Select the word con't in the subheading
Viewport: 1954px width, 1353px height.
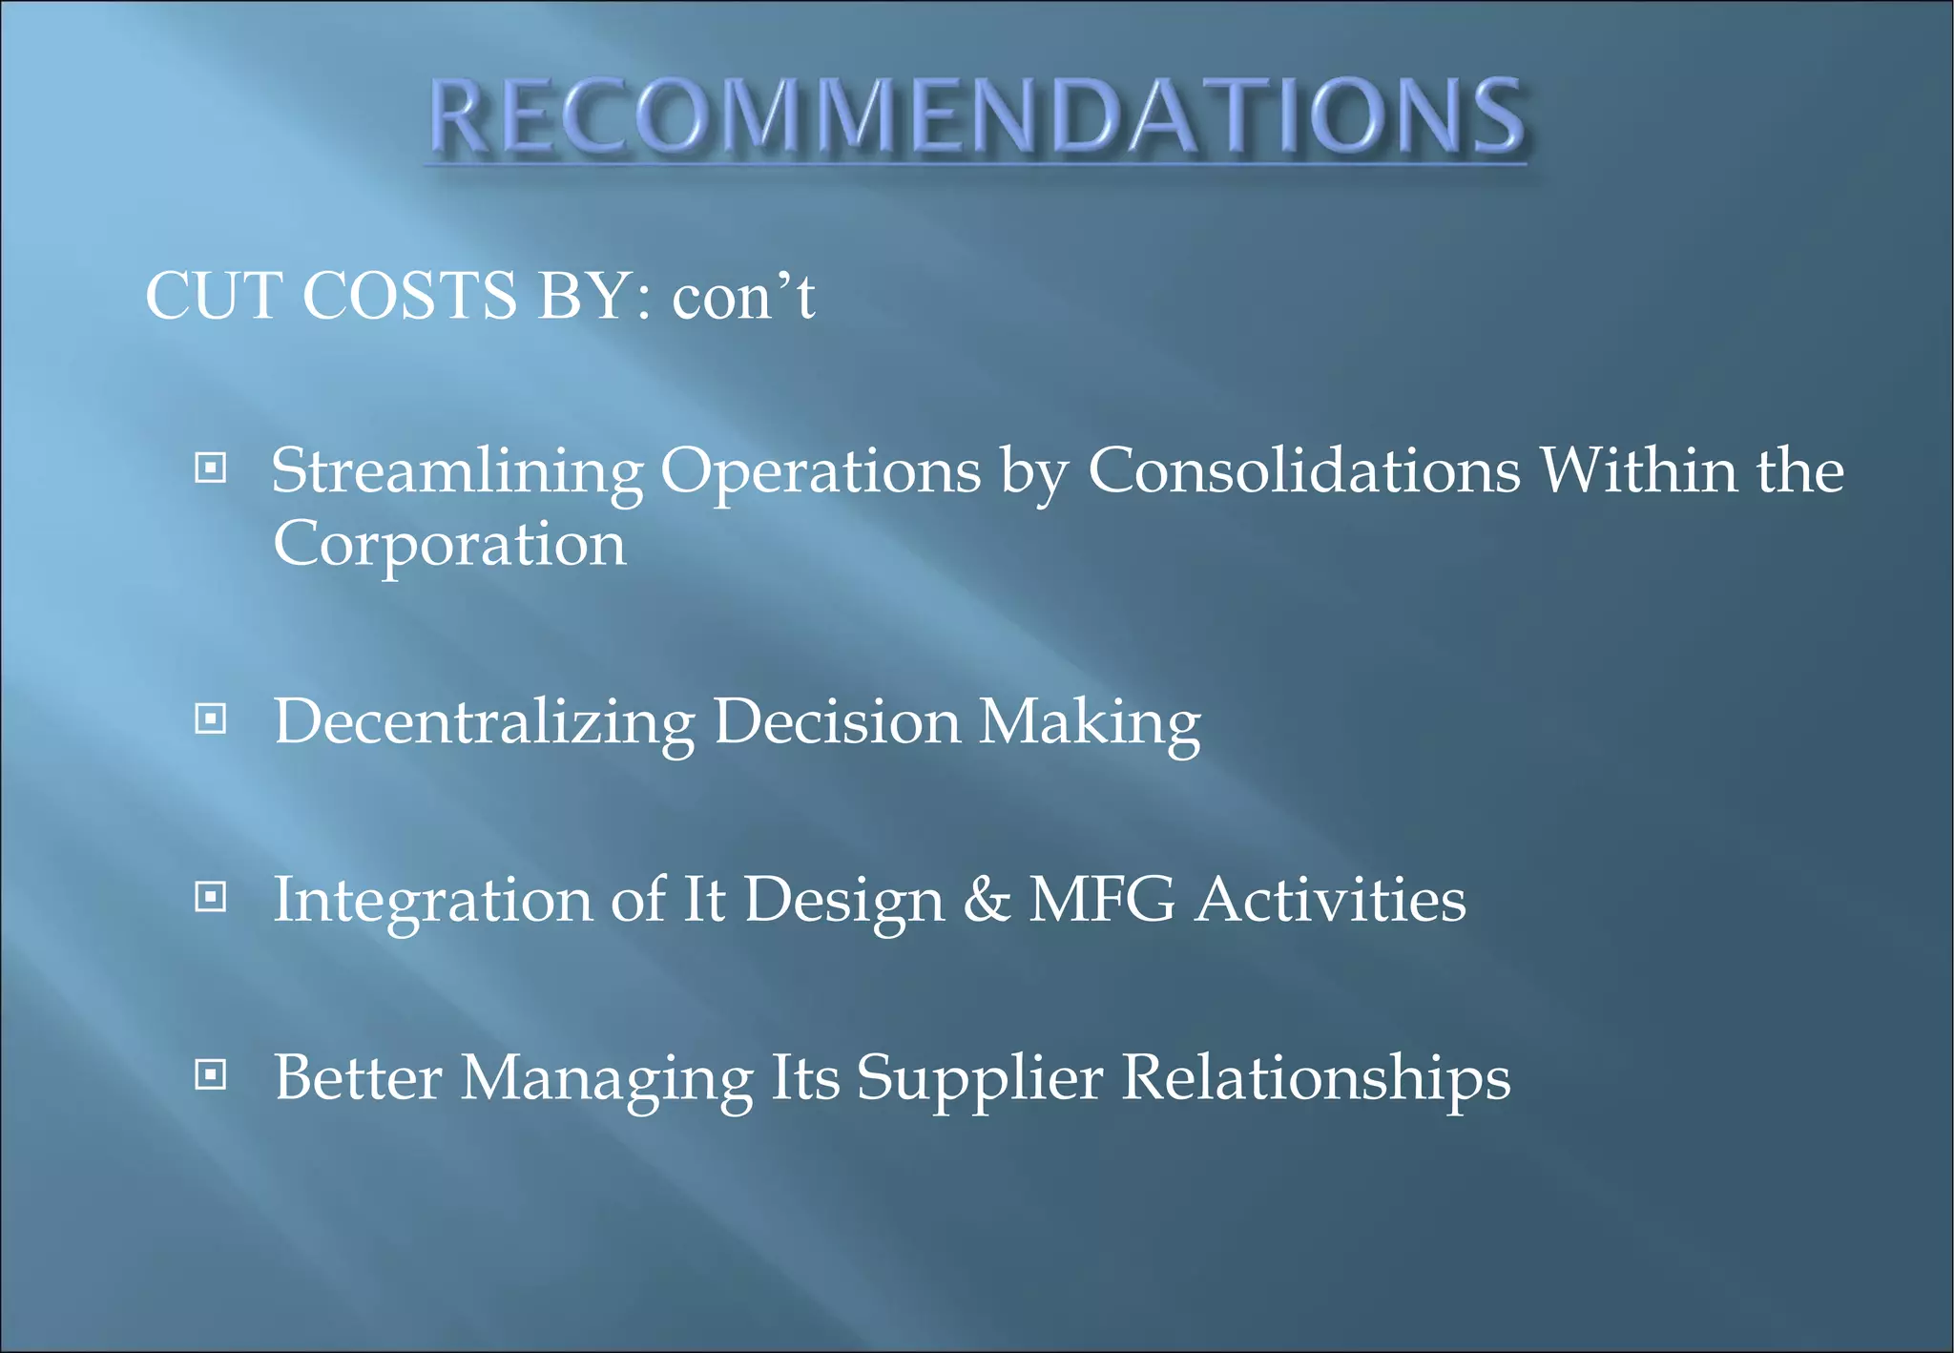pos(743,297)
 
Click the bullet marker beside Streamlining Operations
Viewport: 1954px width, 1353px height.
pos(210,468)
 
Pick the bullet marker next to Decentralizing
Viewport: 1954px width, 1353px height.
pos(210,718)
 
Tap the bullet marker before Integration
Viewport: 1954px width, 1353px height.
pos(210,897)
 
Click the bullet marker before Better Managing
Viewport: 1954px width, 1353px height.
pos(210,1075)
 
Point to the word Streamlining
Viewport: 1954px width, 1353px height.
pos(457,472)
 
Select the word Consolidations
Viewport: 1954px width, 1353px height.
pos(1303,470)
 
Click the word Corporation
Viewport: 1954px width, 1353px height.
pos(449,545)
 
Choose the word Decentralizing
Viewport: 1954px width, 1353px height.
pos(484,721)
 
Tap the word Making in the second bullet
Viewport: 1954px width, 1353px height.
pos(1090,721)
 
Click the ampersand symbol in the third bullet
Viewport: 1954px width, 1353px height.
pos(987,900)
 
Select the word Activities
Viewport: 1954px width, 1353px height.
pos(1330,900)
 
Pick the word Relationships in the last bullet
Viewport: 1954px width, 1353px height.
pos(1316,1078)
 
